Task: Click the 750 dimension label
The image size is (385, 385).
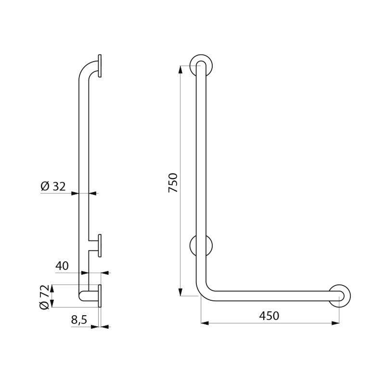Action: pos(173,183)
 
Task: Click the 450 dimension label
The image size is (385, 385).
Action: pos(269,316)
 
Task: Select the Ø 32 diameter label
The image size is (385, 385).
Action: pos(53,186)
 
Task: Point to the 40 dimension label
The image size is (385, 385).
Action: pos(62,266)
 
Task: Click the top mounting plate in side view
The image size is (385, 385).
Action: pos(100,66)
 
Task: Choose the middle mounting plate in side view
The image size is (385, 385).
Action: pos(100,245)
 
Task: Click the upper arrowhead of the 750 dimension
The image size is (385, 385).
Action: pos(180,69)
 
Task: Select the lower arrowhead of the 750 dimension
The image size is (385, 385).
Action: pos(180,293)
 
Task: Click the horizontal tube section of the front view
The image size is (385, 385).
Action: pos(269,295)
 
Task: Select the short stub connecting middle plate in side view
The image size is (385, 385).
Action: pos(93,245)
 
